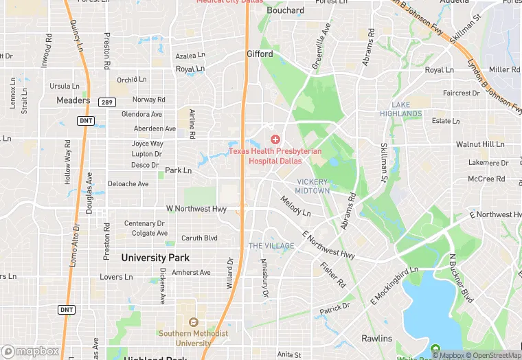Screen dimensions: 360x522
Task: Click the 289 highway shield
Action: (x=106, y=101)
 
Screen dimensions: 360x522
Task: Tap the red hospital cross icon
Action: (x=275, y=139)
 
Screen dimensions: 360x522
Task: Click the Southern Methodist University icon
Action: (x=193, y=322)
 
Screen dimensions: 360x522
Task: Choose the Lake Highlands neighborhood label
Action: (x=396, y=109)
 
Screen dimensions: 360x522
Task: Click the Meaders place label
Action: (x=73, y=100)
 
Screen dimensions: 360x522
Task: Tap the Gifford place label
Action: (x=260, y=54)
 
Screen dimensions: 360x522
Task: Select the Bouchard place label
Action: (x=285, y=10)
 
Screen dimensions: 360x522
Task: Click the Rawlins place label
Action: (x=377, y=339)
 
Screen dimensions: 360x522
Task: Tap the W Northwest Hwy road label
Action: (x=196, y=209)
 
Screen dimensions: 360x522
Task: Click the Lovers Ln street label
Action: (x=116, y=278)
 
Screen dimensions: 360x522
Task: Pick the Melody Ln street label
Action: (x=295, y=206)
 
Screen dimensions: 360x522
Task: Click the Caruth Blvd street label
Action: (x=199, y=238)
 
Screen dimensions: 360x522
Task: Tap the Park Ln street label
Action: (x=178, y=170)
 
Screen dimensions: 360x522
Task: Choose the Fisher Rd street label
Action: (x=333, y=274)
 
